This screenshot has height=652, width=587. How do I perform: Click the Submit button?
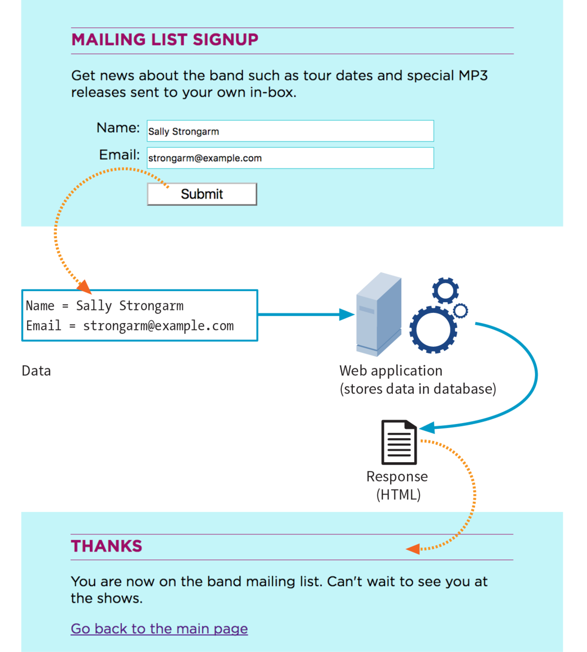click(x=202, y=194)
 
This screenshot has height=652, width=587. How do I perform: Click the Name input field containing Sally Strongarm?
click(x=290, y=131)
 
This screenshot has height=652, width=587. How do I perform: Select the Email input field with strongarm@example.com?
click(x=290, y=158)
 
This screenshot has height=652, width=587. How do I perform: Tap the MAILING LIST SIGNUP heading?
click(x=165, y=40)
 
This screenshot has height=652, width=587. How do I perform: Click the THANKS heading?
click(x=106, y=546)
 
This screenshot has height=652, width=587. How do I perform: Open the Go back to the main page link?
click(x=159, y=629)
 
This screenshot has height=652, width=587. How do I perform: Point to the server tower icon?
click(x=379, y=314)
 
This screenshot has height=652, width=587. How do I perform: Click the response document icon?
click(x=399, y=442)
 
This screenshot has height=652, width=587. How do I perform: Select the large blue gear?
click(x=433, y=329)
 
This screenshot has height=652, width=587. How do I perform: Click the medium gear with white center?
click(x=445, y=291)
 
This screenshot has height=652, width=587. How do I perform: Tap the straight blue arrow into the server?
click(x=304, y=314)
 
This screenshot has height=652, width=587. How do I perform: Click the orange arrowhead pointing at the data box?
click(x=84, y=286)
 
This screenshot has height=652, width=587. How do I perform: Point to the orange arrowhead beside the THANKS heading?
click(x=413, y=549)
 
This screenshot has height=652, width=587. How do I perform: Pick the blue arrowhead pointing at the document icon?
click(x=427, y=427)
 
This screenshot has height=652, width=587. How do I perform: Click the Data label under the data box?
click(x=36, y=371)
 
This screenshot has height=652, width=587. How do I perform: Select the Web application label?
click(x=391, y=371)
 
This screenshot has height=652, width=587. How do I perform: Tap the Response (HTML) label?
click(x=397, y=485)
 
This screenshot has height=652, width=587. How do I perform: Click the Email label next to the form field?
click(x=119, y=155)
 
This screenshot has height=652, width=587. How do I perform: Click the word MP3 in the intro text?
click(x=473, y=76)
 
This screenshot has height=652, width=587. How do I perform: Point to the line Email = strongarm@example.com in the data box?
click(x=130, y=326)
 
